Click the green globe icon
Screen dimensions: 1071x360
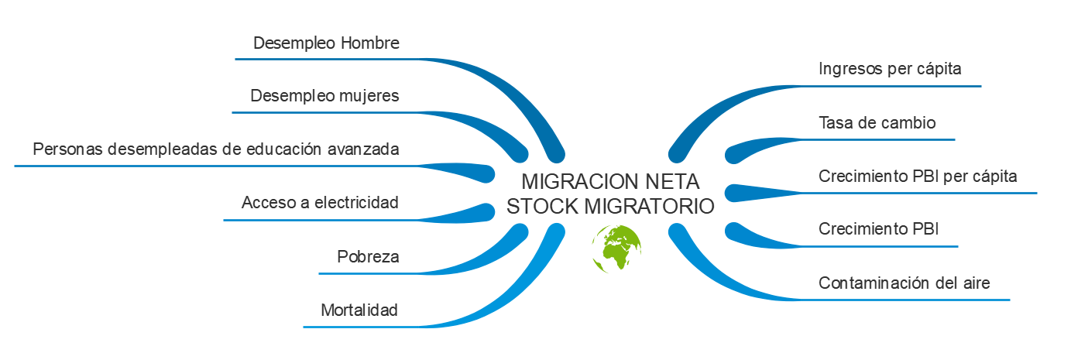[x=616, y=249]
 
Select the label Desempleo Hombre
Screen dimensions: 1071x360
[x=326, y=43]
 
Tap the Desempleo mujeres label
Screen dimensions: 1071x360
[x=324, y=97]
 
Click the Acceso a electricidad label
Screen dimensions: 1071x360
[x=320, y=204]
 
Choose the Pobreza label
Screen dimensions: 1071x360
[x=368, y=257]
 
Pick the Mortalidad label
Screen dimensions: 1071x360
[x=359, y=311]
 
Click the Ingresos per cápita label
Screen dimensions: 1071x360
[x=890, y=69]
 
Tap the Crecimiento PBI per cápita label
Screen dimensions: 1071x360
[x=918, y=177]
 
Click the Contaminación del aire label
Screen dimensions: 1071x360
[x=904, y=283]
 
